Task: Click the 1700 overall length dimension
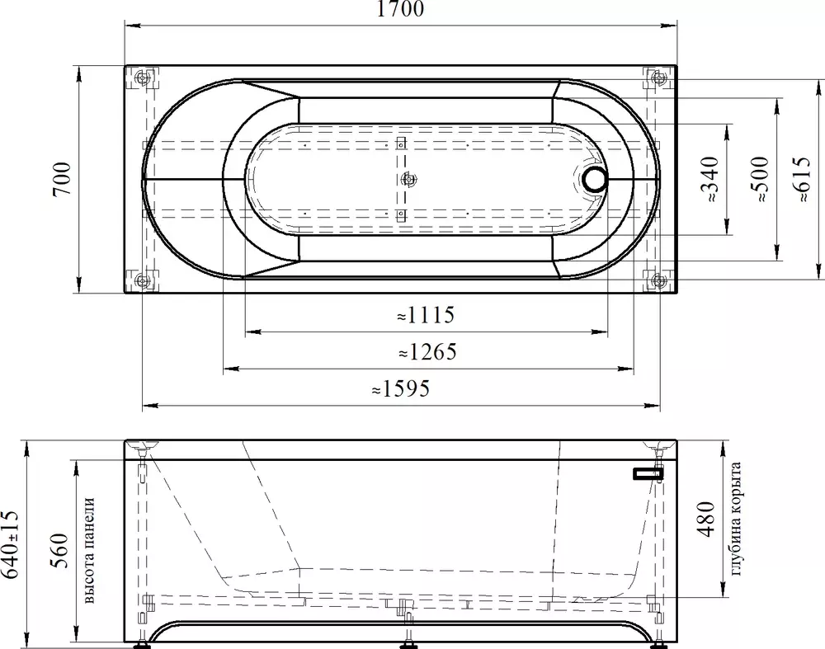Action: pos(400,9)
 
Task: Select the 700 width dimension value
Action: pos(62,179)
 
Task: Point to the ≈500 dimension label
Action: pos(761,179)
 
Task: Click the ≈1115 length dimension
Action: pos(426,315)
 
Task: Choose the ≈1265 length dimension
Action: pos(427,352)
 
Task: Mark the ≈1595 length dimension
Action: pos(401,388)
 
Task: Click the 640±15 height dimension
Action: pos(11,543)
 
